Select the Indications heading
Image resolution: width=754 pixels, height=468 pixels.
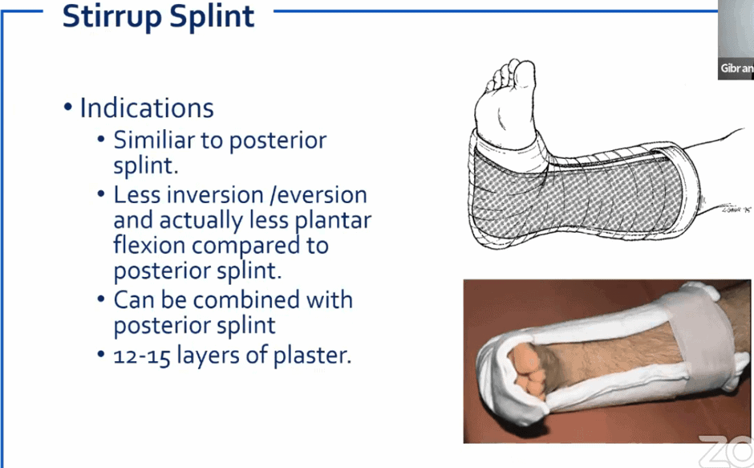[147, 108]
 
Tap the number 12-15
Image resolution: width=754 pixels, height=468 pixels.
[143, 355]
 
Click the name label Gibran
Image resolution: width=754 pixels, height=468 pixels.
[736, 68]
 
